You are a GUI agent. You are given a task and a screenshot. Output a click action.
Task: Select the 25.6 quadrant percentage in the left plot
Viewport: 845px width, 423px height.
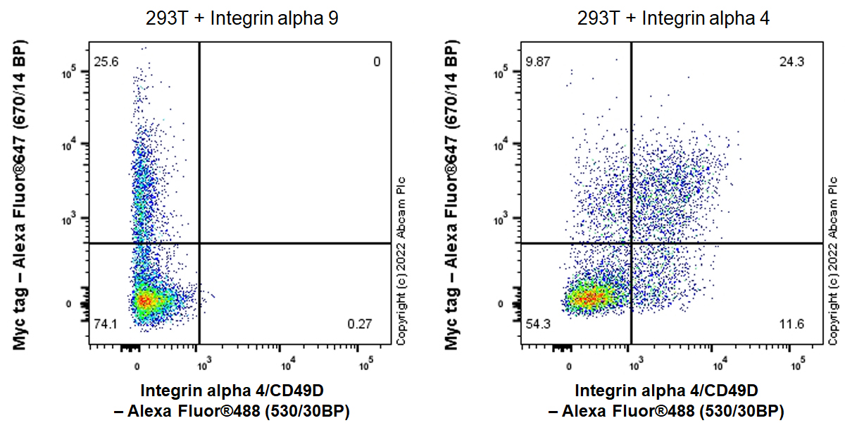point(107,62)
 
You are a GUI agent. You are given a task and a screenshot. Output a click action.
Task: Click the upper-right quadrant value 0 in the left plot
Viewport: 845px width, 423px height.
point(377,62)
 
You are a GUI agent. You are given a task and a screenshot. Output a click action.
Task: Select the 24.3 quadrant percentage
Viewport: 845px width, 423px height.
point(792,62)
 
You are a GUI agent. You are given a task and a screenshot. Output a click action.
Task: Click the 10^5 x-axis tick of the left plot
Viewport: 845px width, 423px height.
point(365,365)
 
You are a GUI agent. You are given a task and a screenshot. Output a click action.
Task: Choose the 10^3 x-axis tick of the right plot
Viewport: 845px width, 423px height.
point(635,365)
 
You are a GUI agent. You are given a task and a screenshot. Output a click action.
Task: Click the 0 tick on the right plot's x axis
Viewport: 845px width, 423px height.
point(569,367)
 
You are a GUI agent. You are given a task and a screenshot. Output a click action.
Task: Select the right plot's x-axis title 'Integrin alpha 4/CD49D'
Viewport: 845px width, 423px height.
point(666,391)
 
